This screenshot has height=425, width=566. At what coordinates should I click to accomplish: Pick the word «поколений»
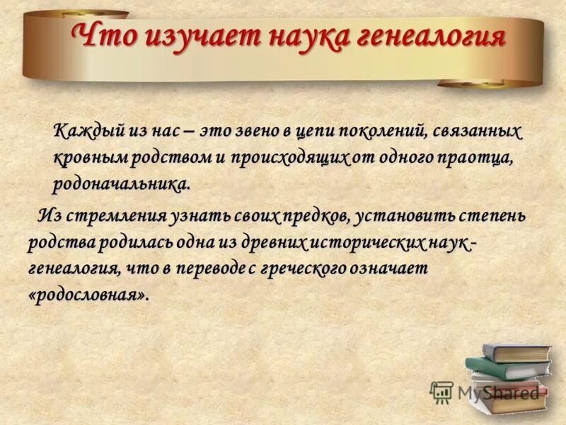381,132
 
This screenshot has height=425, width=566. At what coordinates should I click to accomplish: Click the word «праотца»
478,158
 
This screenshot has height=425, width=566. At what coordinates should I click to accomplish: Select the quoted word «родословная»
89,295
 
